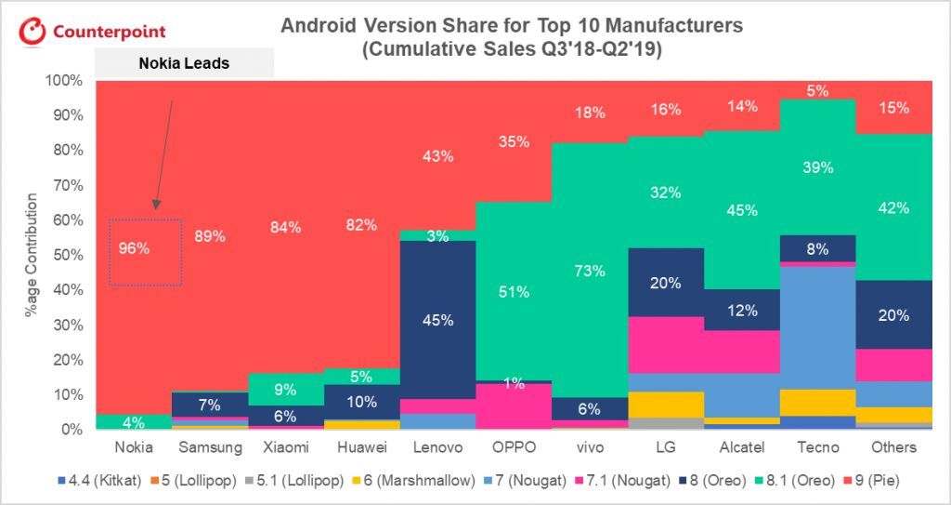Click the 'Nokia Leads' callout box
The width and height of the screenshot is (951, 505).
(184, 64)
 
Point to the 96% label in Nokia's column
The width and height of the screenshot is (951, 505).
(134, 248)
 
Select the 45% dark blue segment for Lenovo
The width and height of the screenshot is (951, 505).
(437, 320)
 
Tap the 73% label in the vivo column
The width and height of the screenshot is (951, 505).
(589, 271)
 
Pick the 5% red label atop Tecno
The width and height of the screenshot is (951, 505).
(817, 91)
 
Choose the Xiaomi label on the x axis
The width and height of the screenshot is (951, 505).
(285, 447)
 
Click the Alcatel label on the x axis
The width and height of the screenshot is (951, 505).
(741, 447)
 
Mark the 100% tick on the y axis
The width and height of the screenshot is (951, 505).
(62, 81)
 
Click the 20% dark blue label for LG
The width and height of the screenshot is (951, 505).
(665, 284)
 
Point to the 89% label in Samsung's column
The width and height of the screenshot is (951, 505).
(210, 236)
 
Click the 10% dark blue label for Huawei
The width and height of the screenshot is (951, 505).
(361, 403)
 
